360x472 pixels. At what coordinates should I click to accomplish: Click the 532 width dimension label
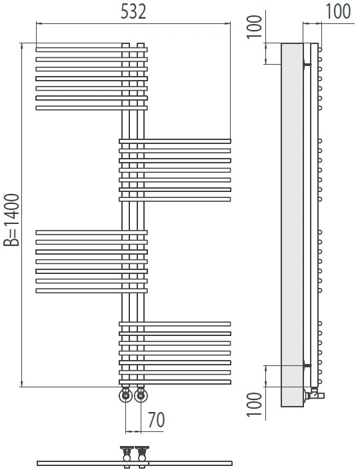click(x=133, y=12)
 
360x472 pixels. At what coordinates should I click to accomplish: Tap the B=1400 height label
click(x=11, y=220)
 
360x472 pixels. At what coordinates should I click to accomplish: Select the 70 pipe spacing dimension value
click(x=156, y=420)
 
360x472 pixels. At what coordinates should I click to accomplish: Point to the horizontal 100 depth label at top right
click(x=338, y=11)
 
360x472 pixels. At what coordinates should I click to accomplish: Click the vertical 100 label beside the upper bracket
click(x=255, y=27)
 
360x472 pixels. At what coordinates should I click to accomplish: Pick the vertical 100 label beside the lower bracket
click(x=255, y=404)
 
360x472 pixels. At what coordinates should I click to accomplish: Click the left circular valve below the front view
click(x=125, y=395)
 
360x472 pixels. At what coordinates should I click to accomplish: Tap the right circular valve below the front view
click(x=141, y=395)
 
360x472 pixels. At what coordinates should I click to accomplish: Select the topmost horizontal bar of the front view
click(x=91, y=50)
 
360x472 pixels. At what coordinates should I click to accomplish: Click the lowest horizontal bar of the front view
click(x=175, y=382)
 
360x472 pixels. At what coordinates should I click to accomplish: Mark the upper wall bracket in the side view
click(x=307, y=64)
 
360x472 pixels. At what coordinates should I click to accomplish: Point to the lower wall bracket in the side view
click(x=307, y=365)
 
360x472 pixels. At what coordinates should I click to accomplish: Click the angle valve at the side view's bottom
click(x=314, y=393)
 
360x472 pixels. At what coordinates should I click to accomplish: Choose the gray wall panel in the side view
click(x=292, y=225)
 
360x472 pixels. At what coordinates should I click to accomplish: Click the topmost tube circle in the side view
click(x=320, y=50)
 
